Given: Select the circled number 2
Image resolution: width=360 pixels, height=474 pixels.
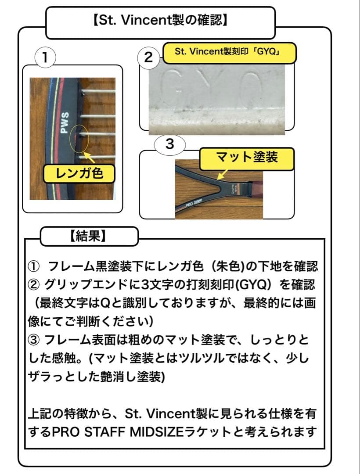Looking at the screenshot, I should pos(149,57).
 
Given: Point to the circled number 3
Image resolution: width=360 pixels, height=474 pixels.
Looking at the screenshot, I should pos(170,144).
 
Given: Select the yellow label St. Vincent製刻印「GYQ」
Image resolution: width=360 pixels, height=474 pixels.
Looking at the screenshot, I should pos(228,52).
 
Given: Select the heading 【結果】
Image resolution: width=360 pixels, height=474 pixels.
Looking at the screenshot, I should pos(88,237).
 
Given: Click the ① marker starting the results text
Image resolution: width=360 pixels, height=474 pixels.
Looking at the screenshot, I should pos(34,266).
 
